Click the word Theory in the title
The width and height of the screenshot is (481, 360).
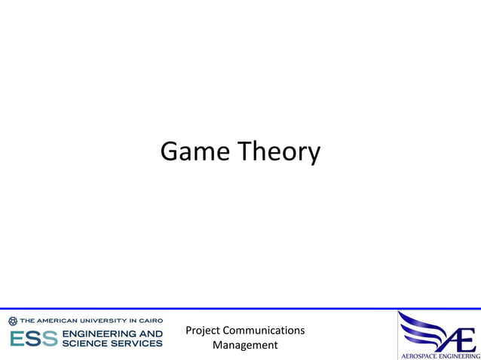[x=280, y=153]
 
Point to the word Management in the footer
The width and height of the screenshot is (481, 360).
[x=245, y=346]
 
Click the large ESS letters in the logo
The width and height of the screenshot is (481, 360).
[x=34, y=338]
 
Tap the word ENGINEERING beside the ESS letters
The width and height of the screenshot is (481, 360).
[x=112, y=334]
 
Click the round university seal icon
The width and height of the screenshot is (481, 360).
[x=13, y=321]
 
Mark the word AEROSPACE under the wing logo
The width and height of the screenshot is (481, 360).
[x=420, y=355]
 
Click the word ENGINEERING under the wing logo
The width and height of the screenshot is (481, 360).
[x=460, y=355]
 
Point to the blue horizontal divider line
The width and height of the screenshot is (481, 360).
[x=240, y=309]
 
